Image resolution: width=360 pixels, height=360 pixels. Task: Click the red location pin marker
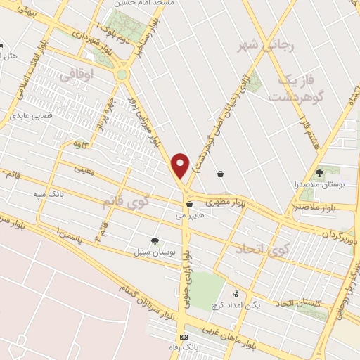181,165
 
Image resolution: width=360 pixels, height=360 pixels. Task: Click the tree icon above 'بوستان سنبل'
155,240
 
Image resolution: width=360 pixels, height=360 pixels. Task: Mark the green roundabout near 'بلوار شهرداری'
122,74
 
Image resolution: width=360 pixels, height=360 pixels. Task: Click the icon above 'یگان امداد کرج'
236,294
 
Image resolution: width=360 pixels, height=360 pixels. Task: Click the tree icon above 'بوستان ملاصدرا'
320,172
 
